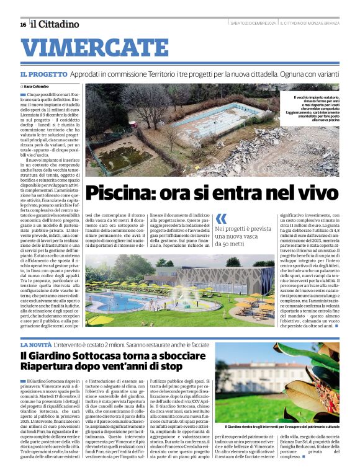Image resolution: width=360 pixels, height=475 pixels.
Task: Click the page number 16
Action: coord(23,24)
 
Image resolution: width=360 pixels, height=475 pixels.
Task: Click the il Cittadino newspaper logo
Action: coord(55,24)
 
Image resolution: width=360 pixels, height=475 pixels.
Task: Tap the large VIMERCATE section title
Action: coord(89,48)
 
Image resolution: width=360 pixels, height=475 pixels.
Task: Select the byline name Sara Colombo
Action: coord(37,87)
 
